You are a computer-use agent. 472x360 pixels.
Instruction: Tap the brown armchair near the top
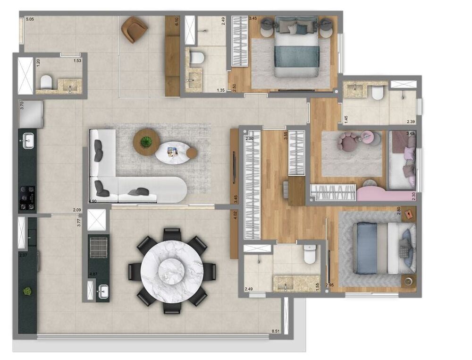[x=134, y=29]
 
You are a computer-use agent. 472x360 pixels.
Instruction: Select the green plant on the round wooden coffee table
[x=146, y=141]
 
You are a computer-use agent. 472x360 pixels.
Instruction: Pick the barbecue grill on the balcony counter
[x=99, y=246]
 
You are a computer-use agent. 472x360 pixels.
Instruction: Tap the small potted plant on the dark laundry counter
[x=27, y=291]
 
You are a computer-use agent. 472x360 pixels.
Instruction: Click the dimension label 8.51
[x=275, y=332]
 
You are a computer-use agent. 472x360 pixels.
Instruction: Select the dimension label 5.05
[x=30, y=19]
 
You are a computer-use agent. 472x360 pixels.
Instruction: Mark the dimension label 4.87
[x=93, y=274]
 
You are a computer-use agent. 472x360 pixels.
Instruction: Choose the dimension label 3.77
[x=79, y=221]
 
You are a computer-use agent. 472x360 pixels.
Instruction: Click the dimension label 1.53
[x=77, y=61]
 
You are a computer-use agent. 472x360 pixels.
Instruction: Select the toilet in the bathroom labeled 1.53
[x=46, y=83]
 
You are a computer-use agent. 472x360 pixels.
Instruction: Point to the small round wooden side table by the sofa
[x=191, y=153]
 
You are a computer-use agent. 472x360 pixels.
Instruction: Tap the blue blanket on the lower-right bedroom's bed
[x=367, y=249]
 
